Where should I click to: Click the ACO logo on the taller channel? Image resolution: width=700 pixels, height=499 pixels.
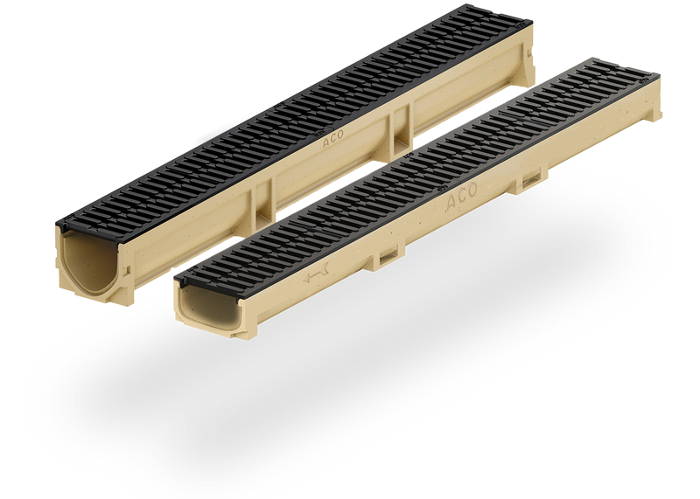pos(333,139)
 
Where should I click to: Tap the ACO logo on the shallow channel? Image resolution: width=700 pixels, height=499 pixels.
pos(462,197)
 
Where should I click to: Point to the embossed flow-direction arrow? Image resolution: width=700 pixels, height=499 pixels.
pos(316,272)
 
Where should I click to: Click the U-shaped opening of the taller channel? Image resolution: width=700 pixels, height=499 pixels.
pos(88,263)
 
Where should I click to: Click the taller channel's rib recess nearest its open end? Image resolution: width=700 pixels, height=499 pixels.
pos(264,204)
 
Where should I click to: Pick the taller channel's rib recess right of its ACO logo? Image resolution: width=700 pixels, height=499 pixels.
pos(402,133)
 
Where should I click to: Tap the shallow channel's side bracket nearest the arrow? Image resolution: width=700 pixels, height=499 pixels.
pos(388,258)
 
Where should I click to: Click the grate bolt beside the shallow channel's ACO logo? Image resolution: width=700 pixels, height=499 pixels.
pos(442,189)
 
